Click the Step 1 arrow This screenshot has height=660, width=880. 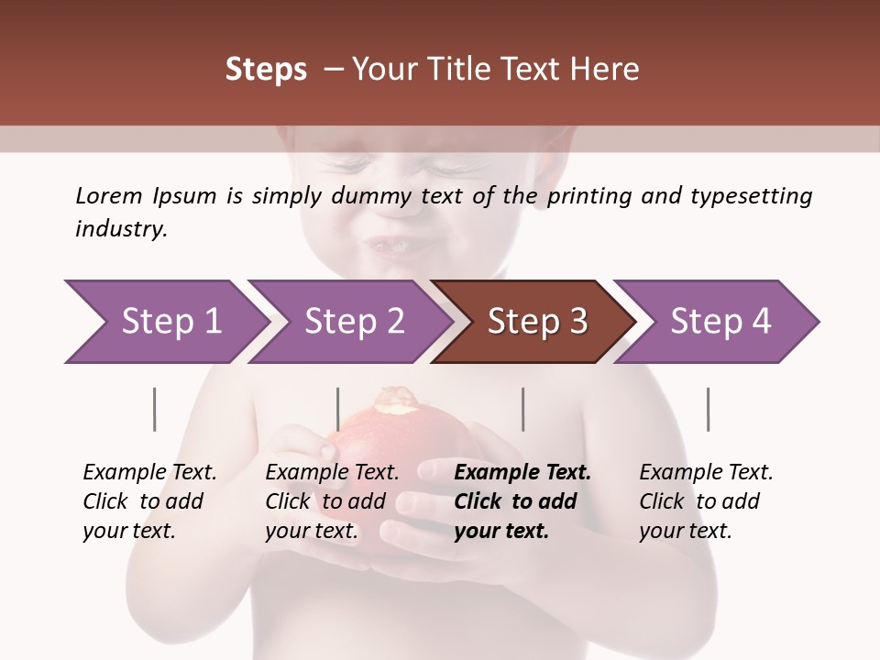[x=170, y=322]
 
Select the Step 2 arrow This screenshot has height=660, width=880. [x=354, y=322]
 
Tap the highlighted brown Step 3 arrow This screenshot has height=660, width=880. [x=537, y=322]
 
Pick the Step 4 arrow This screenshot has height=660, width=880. [x=720, y=322]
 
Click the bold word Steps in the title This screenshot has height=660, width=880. [x=266, y=70]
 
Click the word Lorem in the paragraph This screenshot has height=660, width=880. [x=109, y=195]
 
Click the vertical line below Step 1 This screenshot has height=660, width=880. [x=155, y=409]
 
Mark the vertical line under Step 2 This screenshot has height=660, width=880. [x=338, y=409]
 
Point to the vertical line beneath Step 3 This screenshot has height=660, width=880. [x=523, y=409]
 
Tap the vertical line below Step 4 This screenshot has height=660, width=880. [x=708, y=409]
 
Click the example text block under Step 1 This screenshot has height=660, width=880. [x=149, y=501]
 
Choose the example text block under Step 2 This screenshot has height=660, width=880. [x=332, y=501]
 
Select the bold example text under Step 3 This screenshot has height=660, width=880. [x=522, y=501]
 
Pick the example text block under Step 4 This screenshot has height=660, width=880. [x=706, y=501]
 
